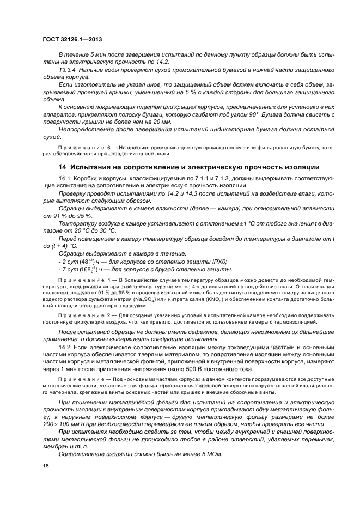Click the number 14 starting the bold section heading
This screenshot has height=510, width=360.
click(x=63, y=167)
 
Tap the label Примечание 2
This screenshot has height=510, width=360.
click(x=83, y=315)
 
